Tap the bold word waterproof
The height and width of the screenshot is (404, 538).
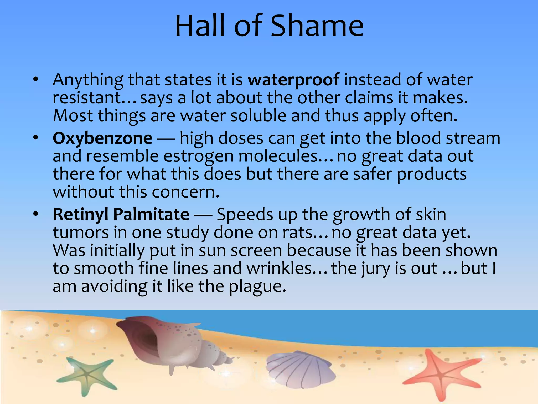click(293, 80)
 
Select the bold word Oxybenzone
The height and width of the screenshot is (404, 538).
click(102, 138)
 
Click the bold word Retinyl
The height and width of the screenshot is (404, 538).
click(80, 214)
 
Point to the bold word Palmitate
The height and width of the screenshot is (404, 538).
click(151, 214)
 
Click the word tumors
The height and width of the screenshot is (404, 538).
click(81, 233)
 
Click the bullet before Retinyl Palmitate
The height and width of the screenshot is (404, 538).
click(36, 214)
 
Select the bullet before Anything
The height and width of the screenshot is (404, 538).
click(36, 79)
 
